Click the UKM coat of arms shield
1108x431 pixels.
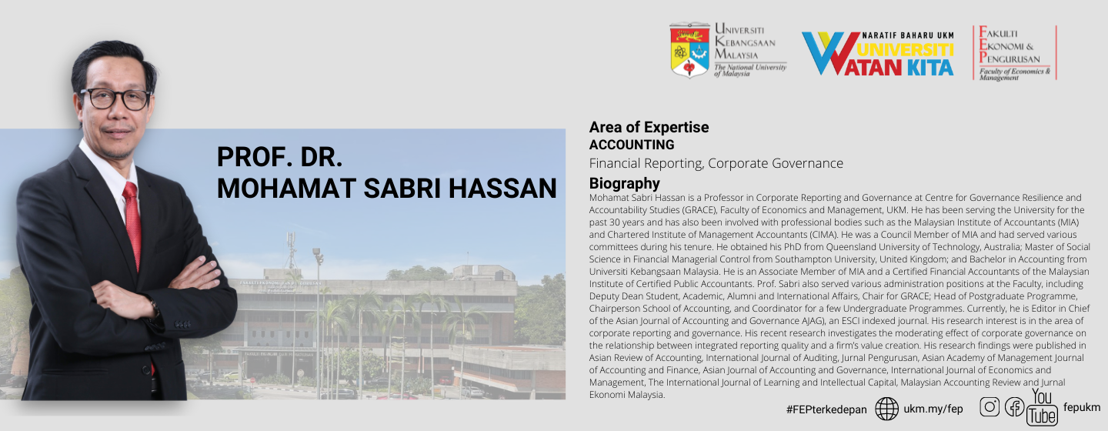point(689,50)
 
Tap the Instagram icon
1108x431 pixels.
point(990,406)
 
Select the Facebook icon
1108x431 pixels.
point(1014,407)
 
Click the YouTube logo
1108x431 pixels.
point(1042,407)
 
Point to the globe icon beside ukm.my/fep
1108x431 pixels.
point(886,409)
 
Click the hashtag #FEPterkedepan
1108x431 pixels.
point(826,409)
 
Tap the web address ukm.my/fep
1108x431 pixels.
point(933,409)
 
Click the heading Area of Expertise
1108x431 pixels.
point(649,128)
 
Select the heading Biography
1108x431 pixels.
point(624,184)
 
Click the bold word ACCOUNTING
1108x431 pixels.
point(632,145)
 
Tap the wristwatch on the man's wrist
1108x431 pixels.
point(155,308)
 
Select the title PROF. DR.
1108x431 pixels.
point(279,157)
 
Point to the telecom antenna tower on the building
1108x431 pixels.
point(291,250)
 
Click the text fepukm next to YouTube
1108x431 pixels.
point(1082,407)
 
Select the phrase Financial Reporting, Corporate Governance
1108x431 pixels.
point(716,163)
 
